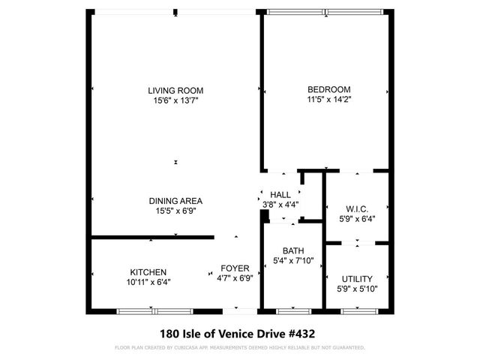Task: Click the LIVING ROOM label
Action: tap(175, 90)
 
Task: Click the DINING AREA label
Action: tap(175, 201)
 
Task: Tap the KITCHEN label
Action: tap(148, 272)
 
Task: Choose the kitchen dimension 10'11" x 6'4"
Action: tap(148, 282)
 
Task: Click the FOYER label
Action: tap(234, 268)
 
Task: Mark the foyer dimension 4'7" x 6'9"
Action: tap(234, 277)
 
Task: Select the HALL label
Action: tap(280, 194)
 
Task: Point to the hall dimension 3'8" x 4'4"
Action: tap(280, 204)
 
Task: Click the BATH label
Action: tap(293, 250)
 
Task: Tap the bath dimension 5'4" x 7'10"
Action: tap(293, 260)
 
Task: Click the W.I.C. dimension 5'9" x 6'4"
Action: tap(357, 219)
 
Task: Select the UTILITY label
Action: tap(357, 279)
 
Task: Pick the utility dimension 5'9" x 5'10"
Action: tap(357, 289)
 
